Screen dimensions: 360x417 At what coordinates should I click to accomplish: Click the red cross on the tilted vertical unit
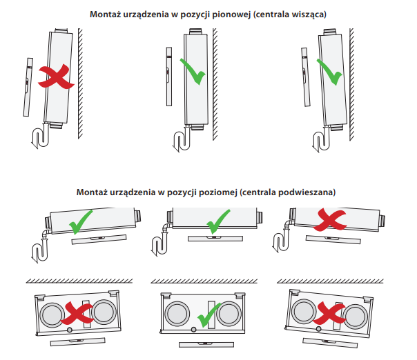coord(56,77)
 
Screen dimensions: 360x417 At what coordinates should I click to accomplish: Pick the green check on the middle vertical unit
coord(193,71)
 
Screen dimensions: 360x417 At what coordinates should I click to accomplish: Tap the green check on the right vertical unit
coord(330,71)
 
